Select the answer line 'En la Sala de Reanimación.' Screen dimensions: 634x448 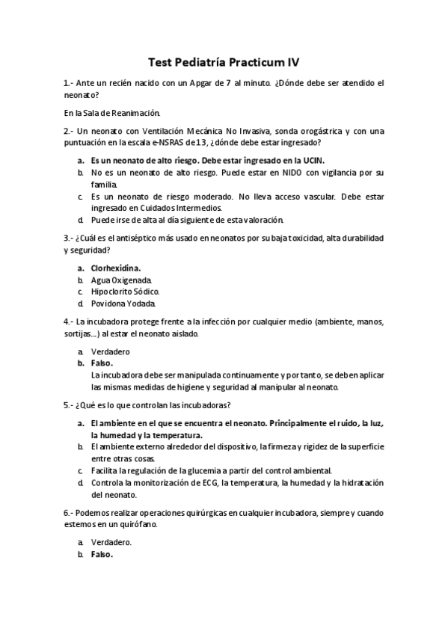[112, 113]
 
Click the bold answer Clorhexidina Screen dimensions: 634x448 [116, 267]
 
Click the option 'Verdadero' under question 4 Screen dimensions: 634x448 [110, 350]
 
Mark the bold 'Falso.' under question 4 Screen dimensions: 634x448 [102, 363]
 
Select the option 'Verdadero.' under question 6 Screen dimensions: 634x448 [111, 542]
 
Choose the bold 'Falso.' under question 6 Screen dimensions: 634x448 [102, 555]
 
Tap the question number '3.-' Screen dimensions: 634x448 [69, 237]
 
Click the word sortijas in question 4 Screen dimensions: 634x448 [79, 333]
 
